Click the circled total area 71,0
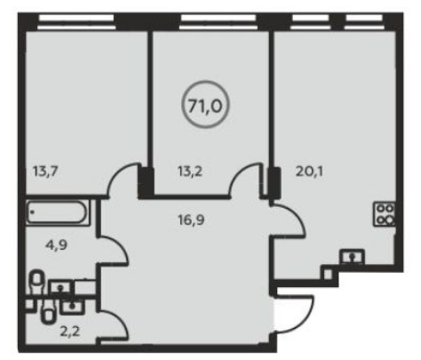point(205,105)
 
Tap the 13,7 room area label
point(45,172)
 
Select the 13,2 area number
point(190,172)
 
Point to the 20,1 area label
point(309,172)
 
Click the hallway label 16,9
point(191,220)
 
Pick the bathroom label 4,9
point(57,245)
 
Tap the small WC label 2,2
point(70,332)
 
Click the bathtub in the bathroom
point(57,212)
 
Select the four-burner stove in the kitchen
point(385,214)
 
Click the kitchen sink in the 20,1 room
point(352,256)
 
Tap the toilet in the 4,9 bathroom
point(36,282)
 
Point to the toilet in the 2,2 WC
point(48,313)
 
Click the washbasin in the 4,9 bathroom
point(60,287)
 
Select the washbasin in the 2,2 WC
point(72,307)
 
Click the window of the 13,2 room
point(218,22)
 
